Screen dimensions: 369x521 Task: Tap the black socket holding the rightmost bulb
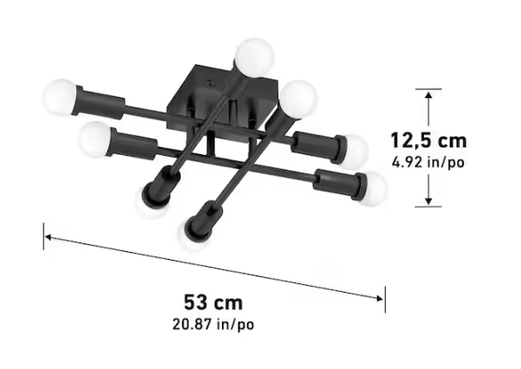coord(338,183)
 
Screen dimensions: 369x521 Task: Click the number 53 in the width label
coord(196,303)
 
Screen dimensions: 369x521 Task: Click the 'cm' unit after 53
coord(228,303)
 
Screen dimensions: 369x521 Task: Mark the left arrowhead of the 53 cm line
coord(49,236)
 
